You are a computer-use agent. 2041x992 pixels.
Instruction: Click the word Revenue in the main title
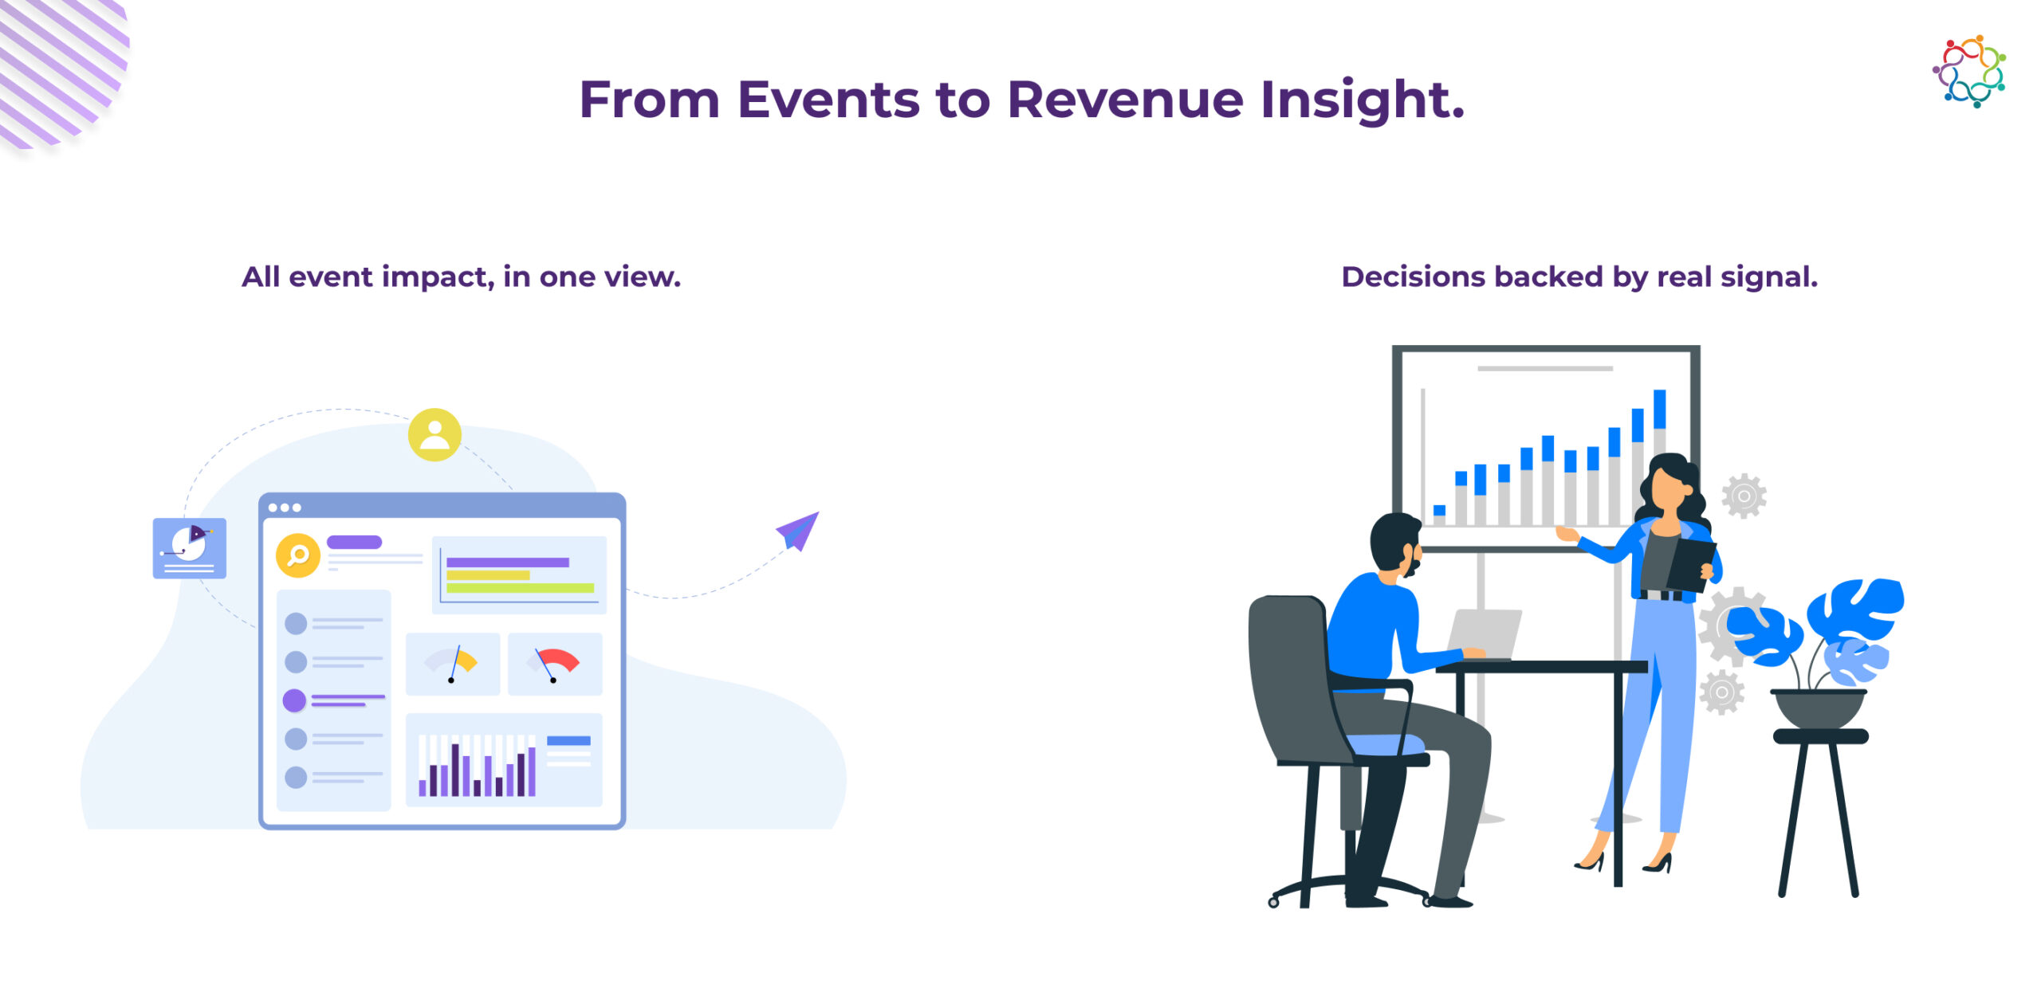click(1125, 100)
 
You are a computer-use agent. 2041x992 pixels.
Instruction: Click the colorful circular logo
click(1969, 71)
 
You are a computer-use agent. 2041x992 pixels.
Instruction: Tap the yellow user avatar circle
click(435, 435)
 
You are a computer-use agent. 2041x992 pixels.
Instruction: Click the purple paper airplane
click(798, 531)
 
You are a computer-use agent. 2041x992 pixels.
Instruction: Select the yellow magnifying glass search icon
click(297, 555)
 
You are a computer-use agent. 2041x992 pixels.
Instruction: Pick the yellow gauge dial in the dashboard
click(452, 663)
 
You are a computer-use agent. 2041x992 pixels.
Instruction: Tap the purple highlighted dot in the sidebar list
click(294, 700)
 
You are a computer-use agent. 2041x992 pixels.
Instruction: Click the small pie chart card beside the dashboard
click(190, 548)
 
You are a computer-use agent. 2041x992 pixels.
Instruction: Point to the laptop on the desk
click(1485, 635)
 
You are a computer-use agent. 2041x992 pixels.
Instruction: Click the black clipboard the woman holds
click(1693, 565)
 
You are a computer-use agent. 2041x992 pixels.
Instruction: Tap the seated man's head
click(1396, 543)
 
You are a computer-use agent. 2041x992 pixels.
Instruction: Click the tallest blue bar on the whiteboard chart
click(1660, 409)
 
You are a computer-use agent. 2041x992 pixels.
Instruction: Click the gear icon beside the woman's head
click(1744, 496)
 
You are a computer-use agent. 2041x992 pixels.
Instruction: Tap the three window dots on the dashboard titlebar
click(285, 508)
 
